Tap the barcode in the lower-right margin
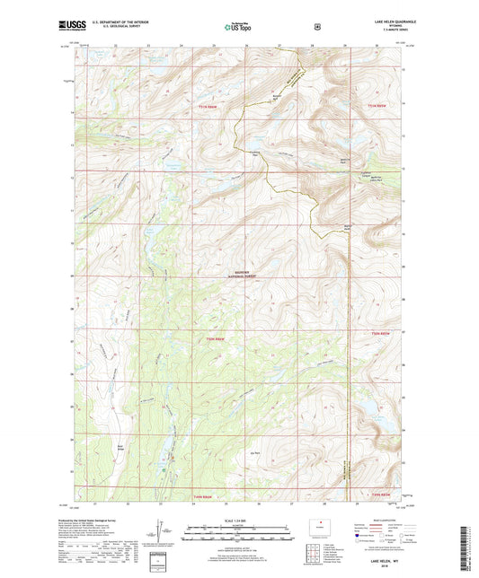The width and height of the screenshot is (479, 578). pyautogui.click(x=469, y=539)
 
